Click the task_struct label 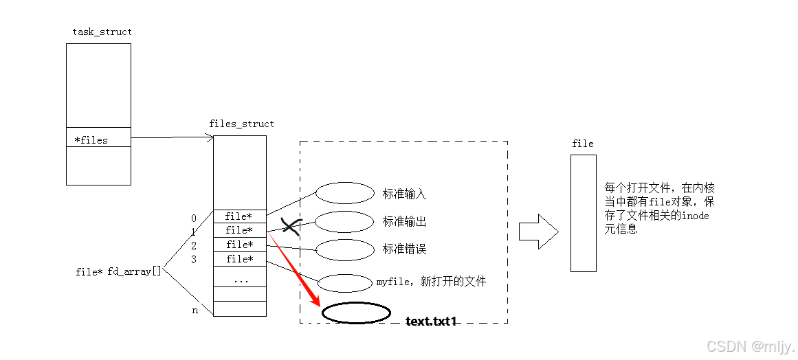[102, 32]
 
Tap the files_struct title [241, 124]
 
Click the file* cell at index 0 [239, 216]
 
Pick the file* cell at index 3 [239, 259]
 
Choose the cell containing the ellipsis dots [239, 280]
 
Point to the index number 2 [194, 245]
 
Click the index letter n [194, 310]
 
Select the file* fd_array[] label [118, 271]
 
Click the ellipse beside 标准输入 [344, 193]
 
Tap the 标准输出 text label [404, 222]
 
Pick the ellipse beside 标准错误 [344, 249]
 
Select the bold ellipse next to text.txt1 [355, 313]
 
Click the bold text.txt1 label [431, 321]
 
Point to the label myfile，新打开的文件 [431, 282]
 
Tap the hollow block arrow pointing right [538, 231]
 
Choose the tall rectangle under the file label [583, 212]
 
